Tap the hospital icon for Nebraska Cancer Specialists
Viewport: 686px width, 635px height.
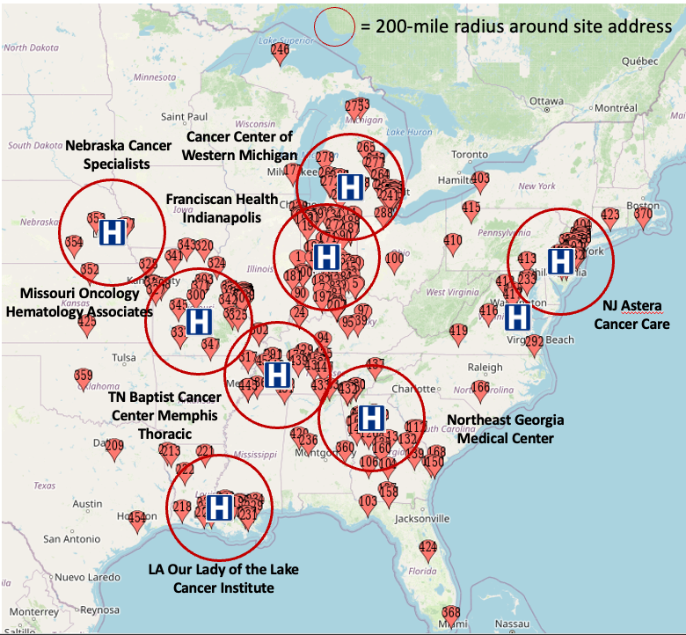(112, 232)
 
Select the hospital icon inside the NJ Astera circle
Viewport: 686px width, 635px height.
(560, 260)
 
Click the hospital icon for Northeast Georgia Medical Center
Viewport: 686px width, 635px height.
(372, 418)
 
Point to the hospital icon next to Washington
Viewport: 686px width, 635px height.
(518, 317)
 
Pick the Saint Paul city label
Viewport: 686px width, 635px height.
(185, 116)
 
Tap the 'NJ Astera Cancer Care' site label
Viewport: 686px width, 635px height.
(631, 315)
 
